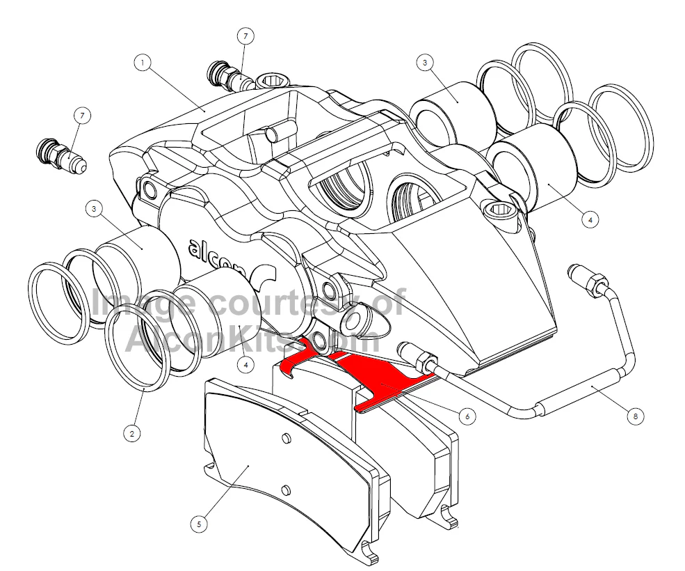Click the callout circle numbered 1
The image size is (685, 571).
tap(143, 63)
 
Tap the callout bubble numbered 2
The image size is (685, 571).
tap(132, 434)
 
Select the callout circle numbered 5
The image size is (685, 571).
tap(199, 524)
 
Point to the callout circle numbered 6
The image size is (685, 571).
tap(467, 416)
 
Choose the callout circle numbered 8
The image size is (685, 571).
tap(635, 416)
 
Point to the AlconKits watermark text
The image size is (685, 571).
tap(252, 338)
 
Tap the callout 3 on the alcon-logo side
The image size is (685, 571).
tap(94, 209)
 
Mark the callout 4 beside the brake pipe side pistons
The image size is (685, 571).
tap(590, 219)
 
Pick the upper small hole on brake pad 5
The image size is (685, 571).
tap(286, 439)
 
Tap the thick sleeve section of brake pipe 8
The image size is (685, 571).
tap(581, 389)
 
